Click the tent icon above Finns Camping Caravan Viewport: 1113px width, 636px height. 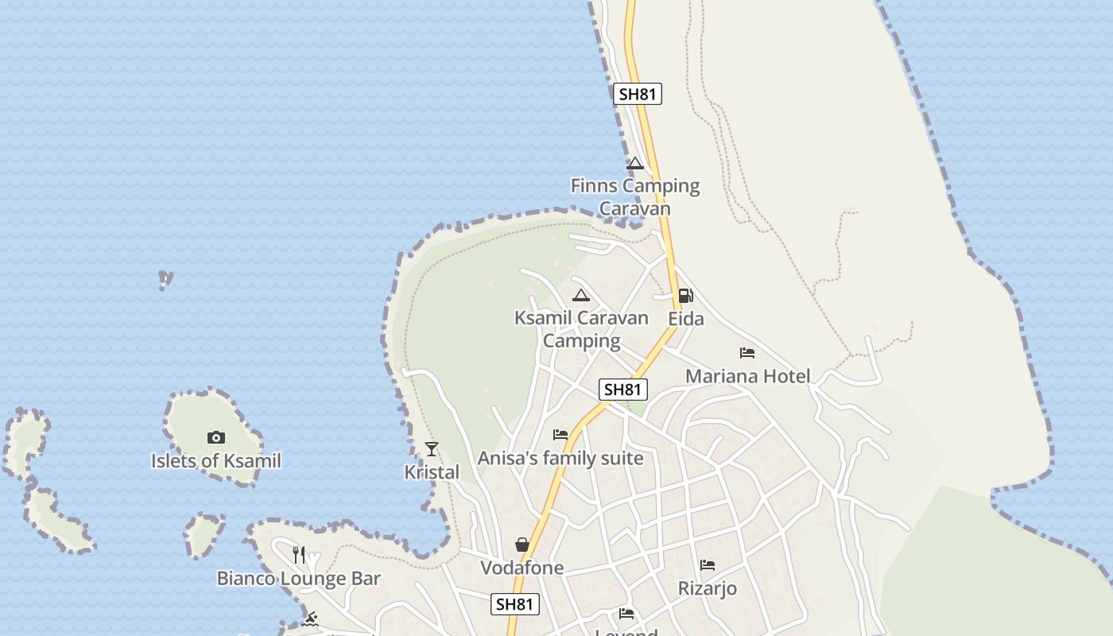634,164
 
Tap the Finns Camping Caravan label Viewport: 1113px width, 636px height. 635,197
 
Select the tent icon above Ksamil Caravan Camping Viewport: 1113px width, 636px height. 581,296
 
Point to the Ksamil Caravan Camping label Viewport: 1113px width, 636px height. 581,329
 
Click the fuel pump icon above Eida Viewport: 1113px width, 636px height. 685,296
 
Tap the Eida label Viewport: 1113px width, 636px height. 685,319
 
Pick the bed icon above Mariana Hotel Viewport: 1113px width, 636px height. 747,353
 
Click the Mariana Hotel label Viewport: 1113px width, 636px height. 747,376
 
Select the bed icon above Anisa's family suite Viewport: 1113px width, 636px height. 560,435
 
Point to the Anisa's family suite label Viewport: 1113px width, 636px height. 560,459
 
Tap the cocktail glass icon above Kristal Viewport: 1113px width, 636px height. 432,449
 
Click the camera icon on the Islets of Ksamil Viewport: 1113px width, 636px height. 215,437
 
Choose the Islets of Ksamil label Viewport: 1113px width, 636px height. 216,461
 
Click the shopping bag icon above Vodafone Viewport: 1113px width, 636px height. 522,545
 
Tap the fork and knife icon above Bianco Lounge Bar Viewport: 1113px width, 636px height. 299,554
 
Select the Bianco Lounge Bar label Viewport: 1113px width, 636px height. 299,579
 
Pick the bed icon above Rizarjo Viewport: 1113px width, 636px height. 708,565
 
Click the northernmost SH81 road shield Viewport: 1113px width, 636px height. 638,94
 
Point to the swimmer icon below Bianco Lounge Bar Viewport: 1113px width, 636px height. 311,619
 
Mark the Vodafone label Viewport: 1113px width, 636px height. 522,568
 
